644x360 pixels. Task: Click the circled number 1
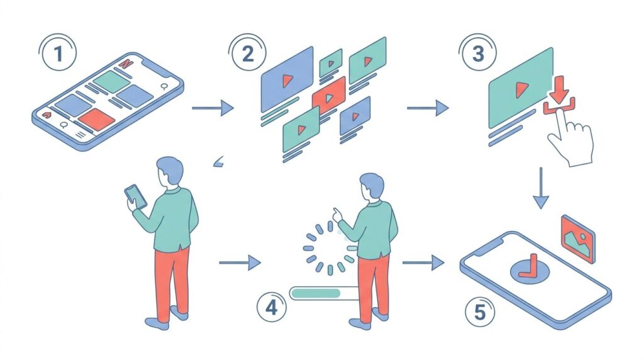click(58, 54)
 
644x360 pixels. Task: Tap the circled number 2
click(248, 54)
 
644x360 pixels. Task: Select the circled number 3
click(479, 54)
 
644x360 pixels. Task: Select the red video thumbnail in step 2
click(329, 95)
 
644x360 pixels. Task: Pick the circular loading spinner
click(330, 247)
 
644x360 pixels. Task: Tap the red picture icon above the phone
click(577, 238)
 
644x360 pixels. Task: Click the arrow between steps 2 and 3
click(428, 108)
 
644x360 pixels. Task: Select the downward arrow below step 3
click(540, 189)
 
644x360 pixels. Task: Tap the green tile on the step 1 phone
click(111, 81)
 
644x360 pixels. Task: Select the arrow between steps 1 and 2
click(213, 108)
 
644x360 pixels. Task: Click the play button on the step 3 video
click(521, 90)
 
